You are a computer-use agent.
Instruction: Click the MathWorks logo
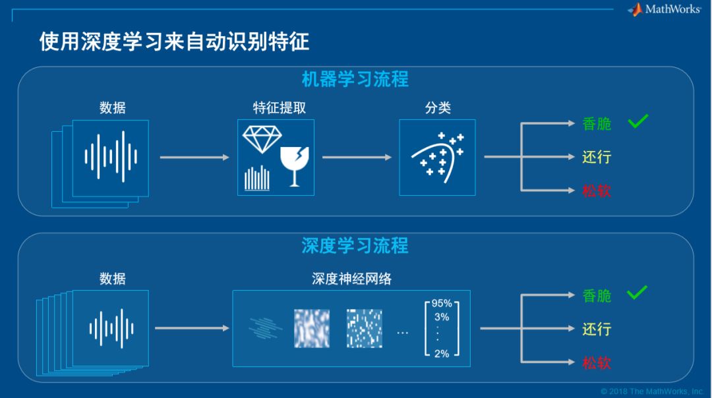pos(664,9)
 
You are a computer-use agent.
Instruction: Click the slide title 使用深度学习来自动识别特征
pos(174,42)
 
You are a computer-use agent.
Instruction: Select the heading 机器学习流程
pos(355,79)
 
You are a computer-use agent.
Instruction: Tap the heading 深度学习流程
pos(355,246)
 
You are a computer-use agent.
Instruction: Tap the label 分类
pos(438,107)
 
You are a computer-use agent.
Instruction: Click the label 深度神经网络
pos(351,279)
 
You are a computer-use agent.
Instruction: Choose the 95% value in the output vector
pos(442,304)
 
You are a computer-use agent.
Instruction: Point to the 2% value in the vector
pos(442,354)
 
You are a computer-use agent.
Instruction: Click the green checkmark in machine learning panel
pos(638,121)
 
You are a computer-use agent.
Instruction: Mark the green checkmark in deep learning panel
pos(638,293)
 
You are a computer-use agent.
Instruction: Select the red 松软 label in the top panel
pos(597,191)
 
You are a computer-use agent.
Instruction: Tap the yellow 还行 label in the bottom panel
pos(597,329)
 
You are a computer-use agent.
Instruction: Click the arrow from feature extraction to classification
pos(357,157)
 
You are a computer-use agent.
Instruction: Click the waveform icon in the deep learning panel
pos(111,327)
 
